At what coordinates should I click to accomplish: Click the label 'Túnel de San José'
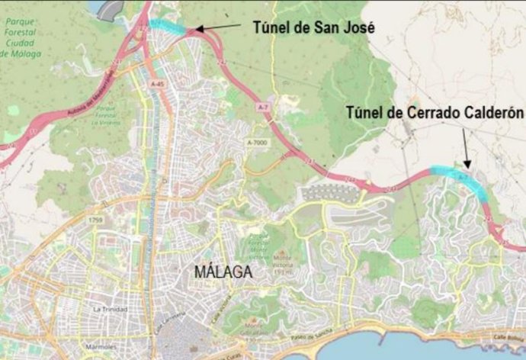[313, 27]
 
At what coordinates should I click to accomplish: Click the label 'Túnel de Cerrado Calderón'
[435, 112]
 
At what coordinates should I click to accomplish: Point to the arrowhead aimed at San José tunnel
[196, 30]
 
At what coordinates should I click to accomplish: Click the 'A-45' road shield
[156, 84]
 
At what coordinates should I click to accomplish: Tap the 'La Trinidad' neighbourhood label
[107, 310]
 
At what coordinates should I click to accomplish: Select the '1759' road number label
[95, 221]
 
